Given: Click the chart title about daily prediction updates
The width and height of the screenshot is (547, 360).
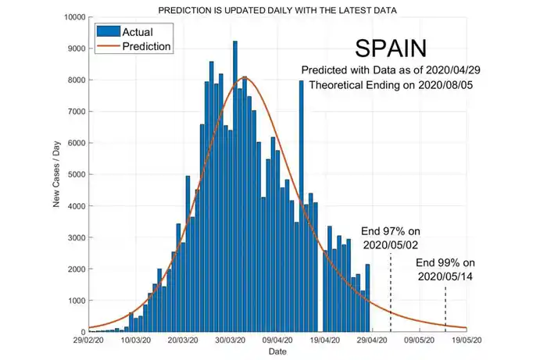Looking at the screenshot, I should pyautogui.click(x=277, y=11).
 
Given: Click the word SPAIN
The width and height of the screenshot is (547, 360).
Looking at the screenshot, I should pyautogui.click(x=391, y=48).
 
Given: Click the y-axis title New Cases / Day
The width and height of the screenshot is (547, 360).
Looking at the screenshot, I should pyautogui.click(x=57, y=175).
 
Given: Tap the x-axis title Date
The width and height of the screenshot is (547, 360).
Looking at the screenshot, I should pyautogui.click(x=277, y=352).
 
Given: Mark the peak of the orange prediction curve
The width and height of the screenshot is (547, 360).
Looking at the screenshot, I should pyautogui.click(x=245, y=77).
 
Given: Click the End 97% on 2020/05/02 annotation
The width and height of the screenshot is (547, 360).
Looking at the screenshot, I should pyautogui.click(x=391, y=237).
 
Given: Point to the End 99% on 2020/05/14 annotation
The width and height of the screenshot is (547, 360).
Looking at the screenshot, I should pyautogui.click(x=445, y=269).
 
